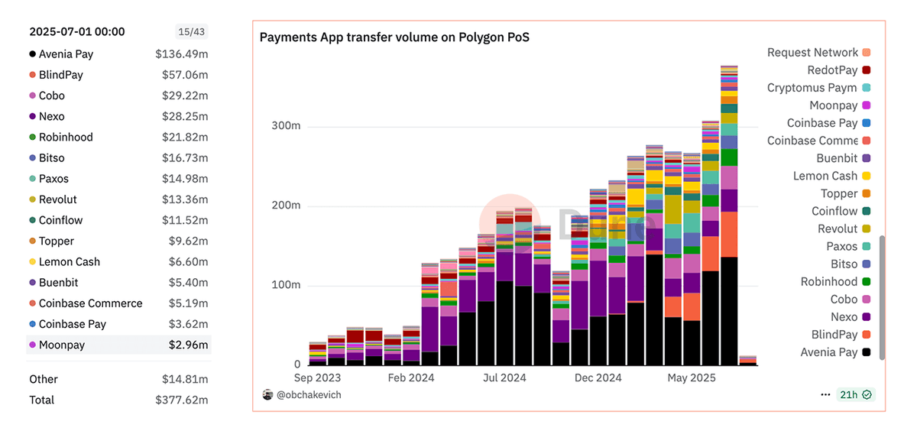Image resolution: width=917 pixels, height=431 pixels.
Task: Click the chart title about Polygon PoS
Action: (x=394, y=37)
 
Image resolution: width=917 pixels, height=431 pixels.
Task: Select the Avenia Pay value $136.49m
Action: (x=182, y=54)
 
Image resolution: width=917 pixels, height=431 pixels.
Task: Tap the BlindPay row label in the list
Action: (x=61, y=75)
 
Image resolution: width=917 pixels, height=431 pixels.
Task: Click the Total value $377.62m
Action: (x=182, y=400)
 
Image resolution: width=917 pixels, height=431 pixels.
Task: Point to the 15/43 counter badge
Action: (x=191, y=32)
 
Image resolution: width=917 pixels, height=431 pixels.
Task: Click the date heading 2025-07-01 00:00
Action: (x=77, y=32)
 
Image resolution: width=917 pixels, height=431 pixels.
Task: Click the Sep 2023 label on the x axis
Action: (x=318, y=378)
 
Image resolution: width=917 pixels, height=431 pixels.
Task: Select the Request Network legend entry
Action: (x=812, y=53)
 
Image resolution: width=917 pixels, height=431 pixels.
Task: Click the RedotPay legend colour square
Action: (x=866, y=70)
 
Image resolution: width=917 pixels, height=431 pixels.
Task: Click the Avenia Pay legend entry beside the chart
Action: (x=828, y=352)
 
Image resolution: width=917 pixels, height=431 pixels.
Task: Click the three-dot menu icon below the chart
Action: (x=825, y=395)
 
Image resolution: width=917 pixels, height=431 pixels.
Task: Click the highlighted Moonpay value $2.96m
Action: (x=189, y=345)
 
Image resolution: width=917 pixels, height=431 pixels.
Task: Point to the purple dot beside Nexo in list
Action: (x=32, y=117)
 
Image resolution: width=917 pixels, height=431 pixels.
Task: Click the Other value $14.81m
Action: (x=185, y=379)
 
